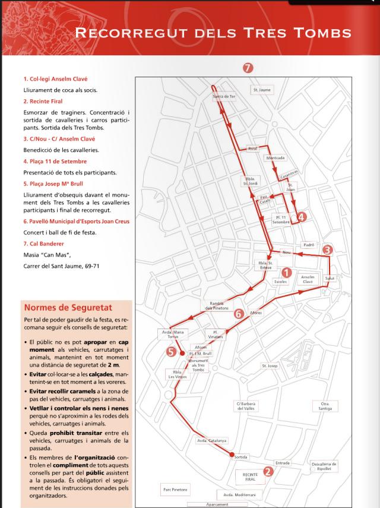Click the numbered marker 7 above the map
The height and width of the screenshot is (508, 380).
click(x=248, y=68)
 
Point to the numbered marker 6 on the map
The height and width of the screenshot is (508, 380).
click(x=239, y=313)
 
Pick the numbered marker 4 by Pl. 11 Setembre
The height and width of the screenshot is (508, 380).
click(x=302, y=217)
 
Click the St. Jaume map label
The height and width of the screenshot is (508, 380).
click(x=261, y=90)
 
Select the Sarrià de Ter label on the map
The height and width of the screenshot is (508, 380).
click(x=224, y=96)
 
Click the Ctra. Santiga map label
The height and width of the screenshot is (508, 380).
click(x=325, y=406)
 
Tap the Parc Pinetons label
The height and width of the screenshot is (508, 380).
click(x=175, y=490)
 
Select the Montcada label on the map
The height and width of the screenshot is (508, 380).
click(x=275, y=158)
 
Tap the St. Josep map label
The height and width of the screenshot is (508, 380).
click(x=270, y=366)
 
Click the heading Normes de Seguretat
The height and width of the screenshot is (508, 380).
click(x=68, y=307)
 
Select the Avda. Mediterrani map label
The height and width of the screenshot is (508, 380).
click(x=240, y=494)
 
